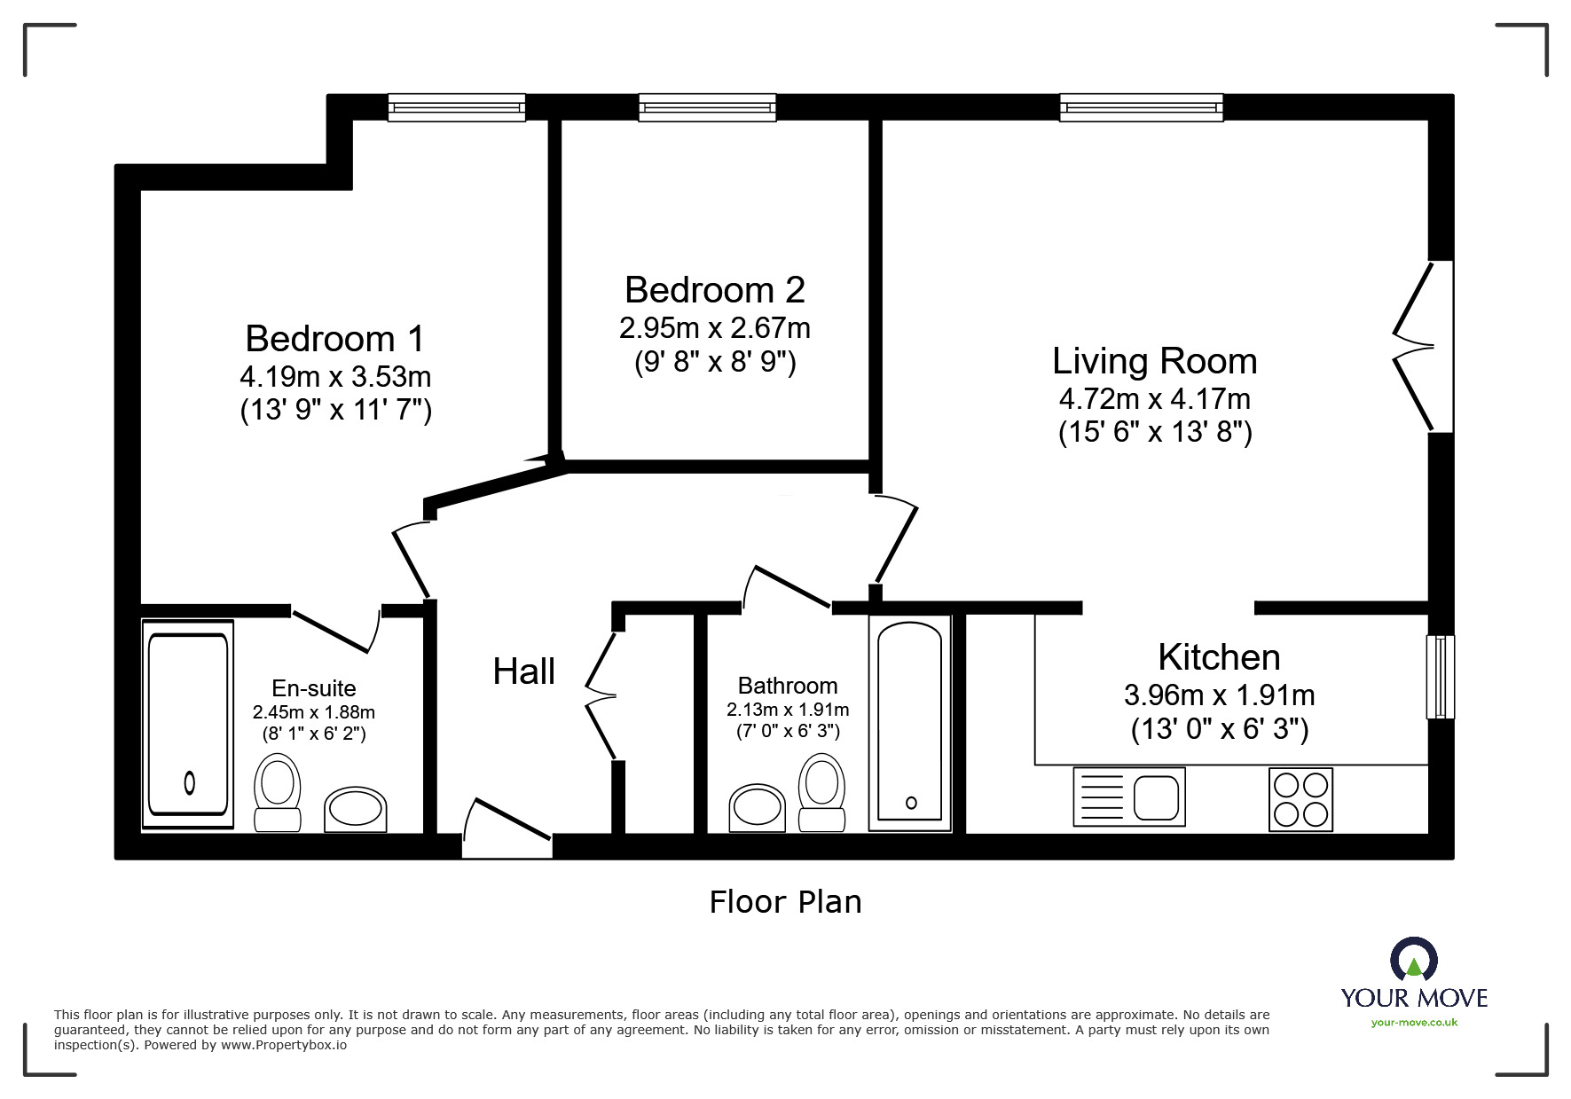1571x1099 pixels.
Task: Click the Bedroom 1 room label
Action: [x=334, y=339]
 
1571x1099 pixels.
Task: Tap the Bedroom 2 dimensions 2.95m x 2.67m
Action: [x=714, y=328]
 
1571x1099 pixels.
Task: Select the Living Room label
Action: [x=1154, y=361]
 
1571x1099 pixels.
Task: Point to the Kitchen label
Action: [x=1219, y=657]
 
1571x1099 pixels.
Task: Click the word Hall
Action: [x=523, y=671]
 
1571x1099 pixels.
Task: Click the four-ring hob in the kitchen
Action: [x=1300, y=798]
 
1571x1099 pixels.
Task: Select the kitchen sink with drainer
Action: [x=1128, y=797]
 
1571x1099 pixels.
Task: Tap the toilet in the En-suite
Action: [x=277, y=791]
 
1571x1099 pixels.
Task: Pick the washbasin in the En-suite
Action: [x=355, y=809]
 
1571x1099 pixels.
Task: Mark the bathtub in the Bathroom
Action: [x=910, y=722]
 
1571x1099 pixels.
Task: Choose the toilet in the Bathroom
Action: [x=821, y=791]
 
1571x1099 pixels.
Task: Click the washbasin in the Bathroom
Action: [x=757, y=807]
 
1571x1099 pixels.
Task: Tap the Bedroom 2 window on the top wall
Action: [x=707, y=107]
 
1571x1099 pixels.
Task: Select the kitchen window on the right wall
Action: [x=1440, y=676]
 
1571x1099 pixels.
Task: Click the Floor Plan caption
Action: [x=785, y=902]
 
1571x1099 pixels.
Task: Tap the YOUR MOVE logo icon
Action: [x=1413, y=961]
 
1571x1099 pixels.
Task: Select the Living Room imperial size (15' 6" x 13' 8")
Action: [x=1154, y=433]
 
